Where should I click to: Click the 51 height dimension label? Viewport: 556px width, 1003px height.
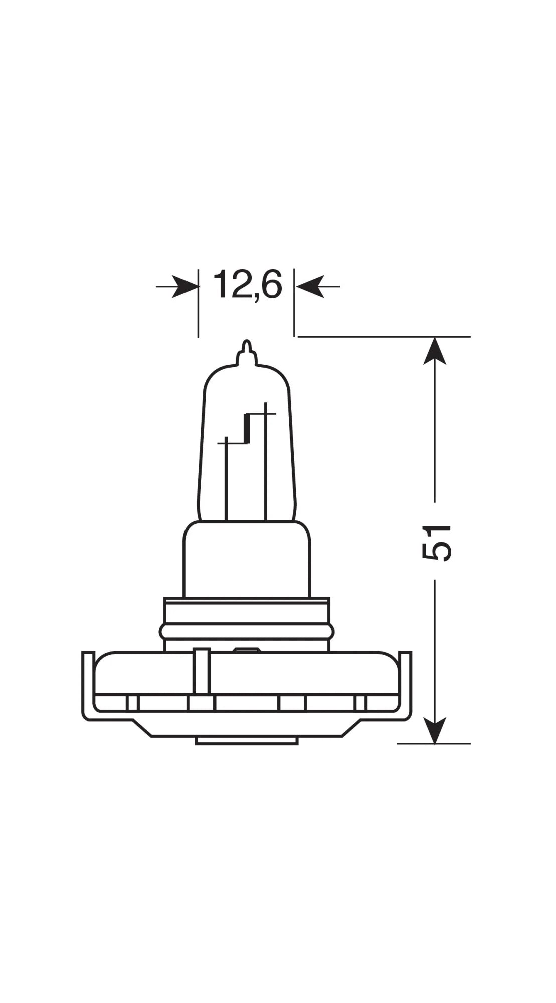436,542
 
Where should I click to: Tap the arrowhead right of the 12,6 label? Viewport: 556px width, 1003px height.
309,287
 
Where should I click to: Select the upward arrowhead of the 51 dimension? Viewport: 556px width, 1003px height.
434,351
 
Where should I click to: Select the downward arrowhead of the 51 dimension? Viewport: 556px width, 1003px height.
434,730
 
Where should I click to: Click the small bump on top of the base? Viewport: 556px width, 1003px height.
246,650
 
